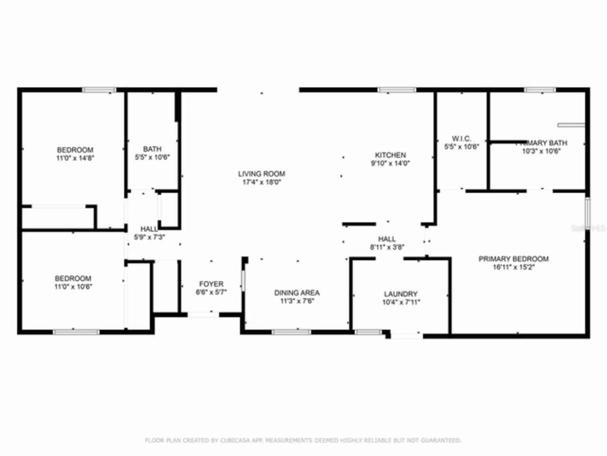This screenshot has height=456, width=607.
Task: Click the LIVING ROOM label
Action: (x=261, y=174)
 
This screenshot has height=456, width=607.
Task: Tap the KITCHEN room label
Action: (x=390, y=155)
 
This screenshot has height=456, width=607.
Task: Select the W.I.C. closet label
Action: (x=461, y=139)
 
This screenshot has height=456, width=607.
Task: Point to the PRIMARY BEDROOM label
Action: (x=514, y=259)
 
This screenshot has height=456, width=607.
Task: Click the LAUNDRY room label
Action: (x=401, y=294)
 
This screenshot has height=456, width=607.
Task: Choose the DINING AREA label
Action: (x=297, y=293)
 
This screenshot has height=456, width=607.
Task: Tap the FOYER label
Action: (x=211, y=284)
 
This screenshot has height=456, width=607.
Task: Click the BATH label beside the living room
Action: (x=152, y=149)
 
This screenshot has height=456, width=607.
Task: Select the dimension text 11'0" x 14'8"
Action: (x=75, y=158)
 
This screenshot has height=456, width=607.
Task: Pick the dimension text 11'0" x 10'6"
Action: (x=73, y=286)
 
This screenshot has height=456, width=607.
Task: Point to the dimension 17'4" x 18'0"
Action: (x=261, y=182)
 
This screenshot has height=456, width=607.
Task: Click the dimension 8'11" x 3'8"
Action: (x=387, y=247)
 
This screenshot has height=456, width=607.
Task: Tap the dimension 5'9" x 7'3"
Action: (x=149, y=237)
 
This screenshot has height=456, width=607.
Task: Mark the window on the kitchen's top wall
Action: (x=397, y=90)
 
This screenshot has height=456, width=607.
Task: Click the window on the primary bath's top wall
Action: (x=540, y=90)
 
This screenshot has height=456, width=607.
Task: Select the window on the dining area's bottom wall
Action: (x=291, y=332)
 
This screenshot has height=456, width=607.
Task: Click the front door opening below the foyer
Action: (x=203, y=314)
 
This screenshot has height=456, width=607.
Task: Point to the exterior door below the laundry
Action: (x=406, y=336)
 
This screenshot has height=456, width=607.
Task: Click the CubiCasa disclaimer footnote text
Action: (x=303, y=440)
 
